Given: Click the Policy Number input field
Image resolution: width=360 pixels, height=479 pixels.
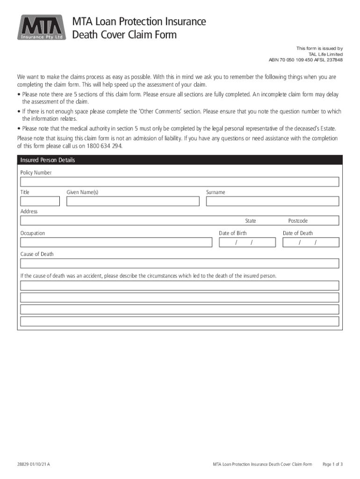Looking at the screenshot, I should [x=180, y=182].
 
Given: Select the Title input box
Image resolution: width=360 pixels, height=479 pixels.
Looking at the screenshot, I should [x=40, y=201].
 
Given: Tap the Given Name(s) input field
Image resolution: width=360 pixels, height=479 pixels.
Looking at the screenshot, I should [x=133, y=201].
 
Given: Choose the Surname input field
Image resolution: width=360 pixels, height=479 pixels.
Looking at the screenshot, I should [x=273, y=201].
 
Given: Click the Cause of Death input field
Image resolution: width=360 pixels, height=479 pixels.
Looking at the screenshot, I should [x=180, y=263].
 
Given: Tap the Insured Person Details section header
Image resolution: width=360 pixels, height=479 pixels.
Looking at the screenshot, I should [x=48, y=160].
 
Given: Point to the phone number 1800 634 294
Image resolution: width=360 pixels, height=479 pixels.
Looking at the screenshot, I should [x=103, y=146].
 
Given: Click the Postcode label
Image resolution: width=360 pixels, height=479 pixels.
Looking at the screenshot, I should [x=298, y=221].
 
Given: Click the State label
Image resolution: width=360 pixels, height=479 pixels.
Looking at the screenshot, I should [x=251, y=221].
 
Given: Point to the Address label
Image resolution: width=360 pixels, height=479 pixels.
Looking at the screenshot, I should [x=29, y=211].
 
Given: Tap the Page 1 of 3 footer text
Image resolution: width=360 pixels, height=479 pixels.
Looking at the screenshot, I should [x=333, y=464].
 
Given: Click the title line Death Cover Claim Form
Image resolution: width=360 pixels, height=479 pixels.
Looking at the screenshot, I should [x=124, y=35].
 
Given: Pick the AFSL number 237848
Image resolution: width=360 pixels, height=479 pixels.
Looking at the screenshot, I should [x=333, y=60].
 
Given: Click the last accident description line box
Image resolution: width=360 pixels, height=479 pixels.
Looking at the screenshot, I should [x=180, y=321].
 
